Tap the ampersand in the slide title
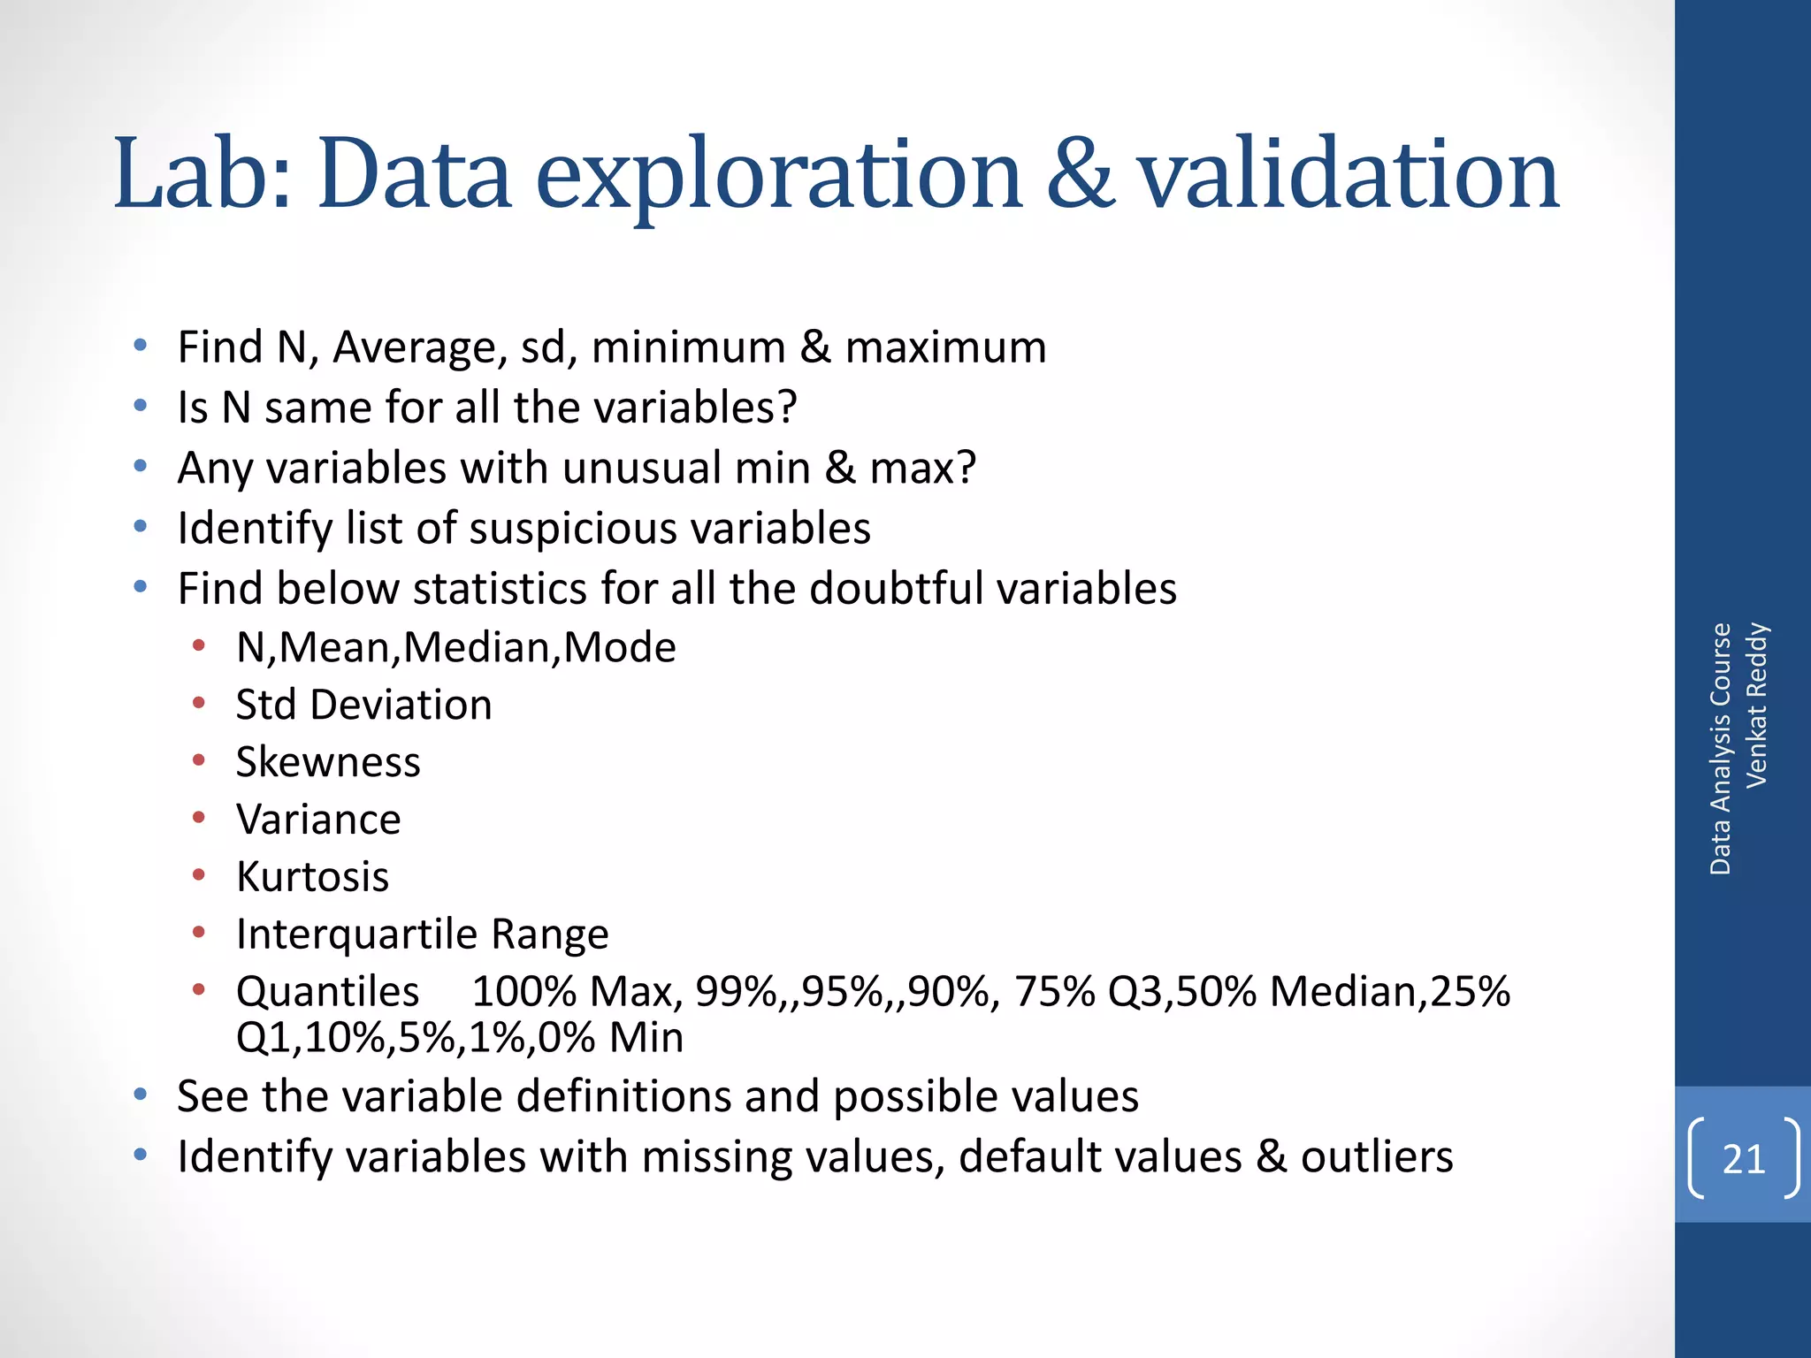point(1080,174)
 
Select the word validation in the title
point(1348,174)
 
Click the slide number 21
point(1743,1159)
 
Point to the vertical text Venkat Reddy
point(1756,705)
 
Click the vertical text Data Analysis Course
point(1720,749)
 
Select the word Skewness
point(328,762)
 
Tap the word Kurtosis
point(312,877)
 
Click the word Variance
point(318,820)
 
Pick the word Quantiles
point(327,991)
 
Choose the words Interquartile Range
point(422,935)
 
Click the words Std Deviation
point(363,705)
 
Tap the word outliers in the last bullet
point(1376,1156)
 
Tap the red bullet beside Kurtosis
point(199,876)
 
